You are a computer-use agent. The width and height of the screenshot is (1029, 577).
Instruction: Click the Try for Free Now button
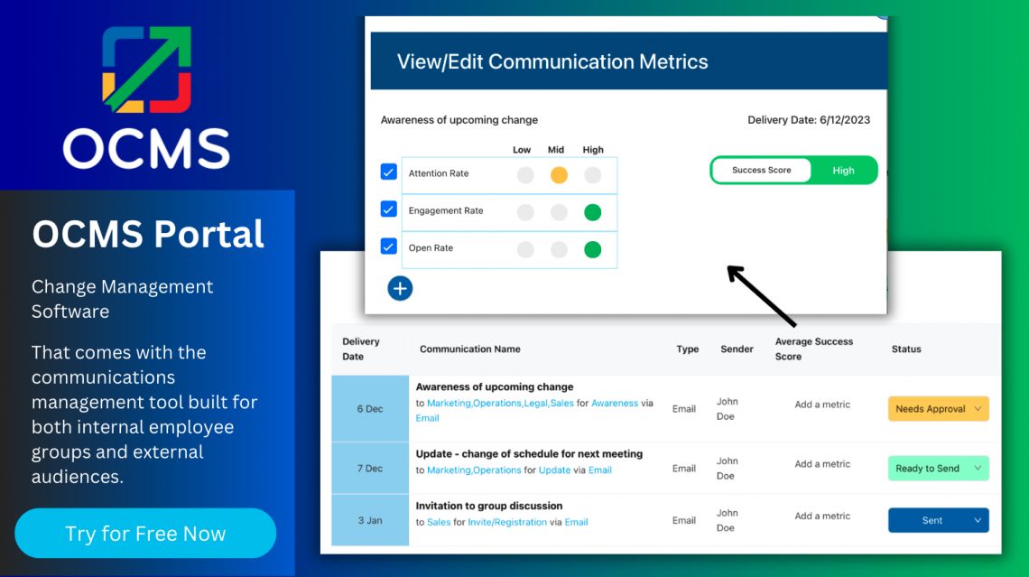click(x=145, y=534)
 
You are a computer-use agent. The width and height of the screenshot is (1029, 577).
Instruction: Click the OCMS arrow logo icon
click(x=146, y=70)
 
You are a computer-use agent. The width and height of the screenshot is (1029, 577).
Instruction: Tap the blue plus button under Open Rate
click(x=400, y=288)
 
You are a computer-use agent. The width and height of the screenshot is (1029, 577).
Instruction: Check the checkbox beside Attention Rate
click(x=389, y=172)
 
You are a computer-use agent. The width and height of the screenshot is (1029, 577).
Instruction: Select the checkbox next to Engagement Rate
click(x=389, y=209)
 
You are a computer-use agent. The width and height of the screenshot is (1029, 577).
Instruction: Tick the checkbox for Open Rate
click(x=389, y=247)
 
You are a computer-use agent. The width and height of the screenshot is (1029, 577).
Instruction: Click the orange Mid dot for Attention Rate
click(x=559, y=175)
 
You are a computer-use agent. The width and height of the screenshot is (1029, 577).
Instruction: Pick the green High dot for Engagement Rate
click(x=592, y=212)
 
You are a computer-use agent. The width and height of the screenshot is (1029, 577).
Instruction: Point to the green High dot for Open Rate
click(x=592, y=249)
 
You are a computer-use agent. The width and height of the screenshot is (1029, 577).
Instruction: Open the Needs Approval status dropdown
click(x=939, y=409)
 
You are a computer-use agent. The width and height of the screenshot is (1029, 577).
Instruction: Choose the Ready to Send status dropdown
click(x=939, y=468)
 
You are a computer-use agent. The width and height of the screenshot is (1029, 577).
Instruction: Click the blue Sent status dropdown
click(x=939, y=520)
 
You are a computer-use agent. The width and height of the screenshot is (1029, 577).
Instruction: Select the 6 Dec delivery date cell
click(x=369, y=409)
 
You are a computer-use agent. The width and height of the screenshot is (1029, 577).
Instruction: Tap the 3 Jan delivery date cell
click(x=369, y=520)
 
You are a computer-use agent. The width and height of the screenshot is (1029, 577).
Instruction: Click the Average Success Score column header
click(x=813, y=349)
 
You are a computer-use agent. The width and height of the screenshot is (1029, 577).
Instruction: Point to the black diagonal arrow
click(x=761, y=295)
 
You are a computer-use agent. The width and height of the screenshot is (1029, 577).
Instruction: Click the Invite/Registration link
click(x=506, y=522)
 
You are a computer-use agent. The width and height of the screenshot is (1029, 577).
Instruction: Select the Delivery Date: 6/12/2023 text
click(x=809, y=120)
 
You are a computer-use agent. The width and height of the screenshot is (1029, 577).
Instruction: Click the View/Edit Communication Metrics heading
click(x=552, y=62)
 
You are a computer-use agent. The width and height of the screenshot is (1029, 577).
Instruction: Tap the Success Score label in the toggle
click(x=761, y=170)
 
